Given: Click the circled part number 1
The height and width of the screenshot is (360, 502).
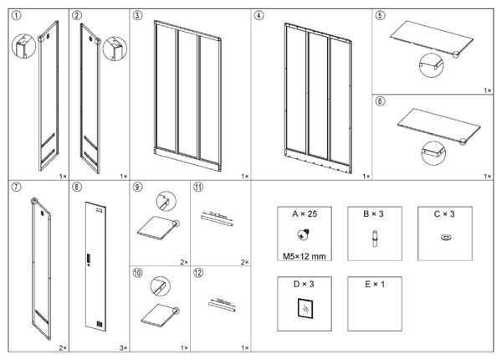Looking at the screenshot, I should tap(17, 15).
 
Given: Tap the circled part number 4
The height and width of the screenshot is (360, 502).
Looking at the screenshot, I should tap(259, 15).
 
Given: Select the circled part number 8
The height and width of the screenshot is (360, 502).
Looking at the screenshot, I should tap(77, 187).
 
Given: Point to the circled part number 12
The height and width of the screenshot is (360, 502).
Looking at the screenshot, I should tap(198, 273).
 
